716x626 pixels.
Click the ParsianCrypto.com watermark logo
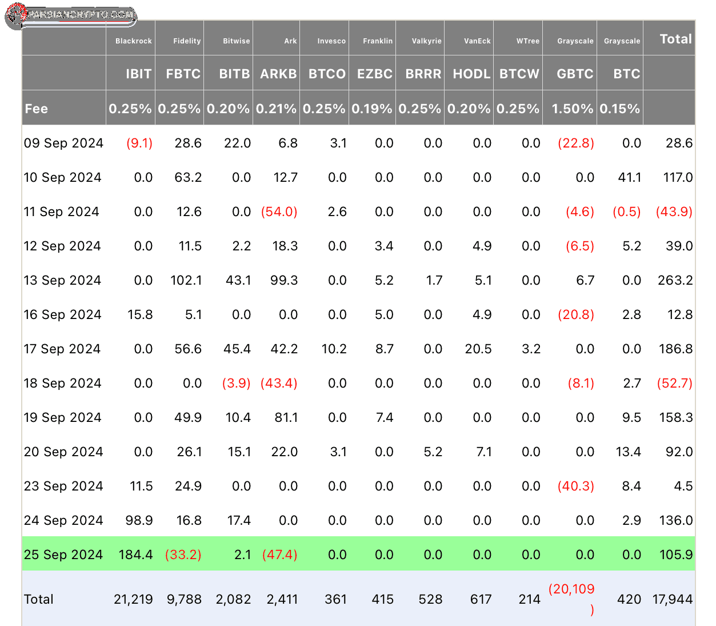tap(71, 15)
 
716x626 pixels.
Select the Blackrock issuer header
tap(133, 41)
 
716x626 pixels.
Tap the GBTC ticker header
tap(575, 74)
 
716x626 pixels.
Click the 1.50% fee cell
tap(573, 109)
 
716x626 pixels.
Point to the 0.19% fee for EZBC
tap(371, 109)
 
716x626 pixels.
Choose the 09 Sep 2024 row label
tap(63, 143)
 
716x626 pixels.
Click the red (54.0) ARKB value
tap(279, 212)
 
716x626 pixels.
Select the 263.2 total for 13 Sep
tap(675, 280)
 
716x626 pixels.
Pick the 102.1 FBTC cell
tap(186, 280)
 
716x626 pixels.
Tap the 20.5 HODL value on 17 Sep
tap(478, 349)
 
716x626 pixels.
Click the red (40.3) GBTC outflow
tap(575, 486)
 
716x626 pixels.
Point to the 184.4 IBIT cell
tap(135, 555)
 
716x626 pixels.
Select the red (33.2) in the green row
tap(183, 555)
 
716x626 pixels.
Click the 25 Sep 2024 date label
tap(63, 555)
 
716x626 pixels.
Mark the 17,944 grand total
tap(672, 599)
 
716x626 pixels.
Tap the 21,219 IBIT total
tap(133, 599)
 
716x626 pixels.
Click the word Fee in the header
tap(36, 109)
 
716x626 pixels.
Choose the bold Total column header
tap(676, 39)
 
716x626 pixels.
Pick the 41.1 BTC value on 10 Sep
tap(629, 177)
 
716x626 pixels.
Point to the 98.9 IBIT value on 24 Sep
tap(139, 520)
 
